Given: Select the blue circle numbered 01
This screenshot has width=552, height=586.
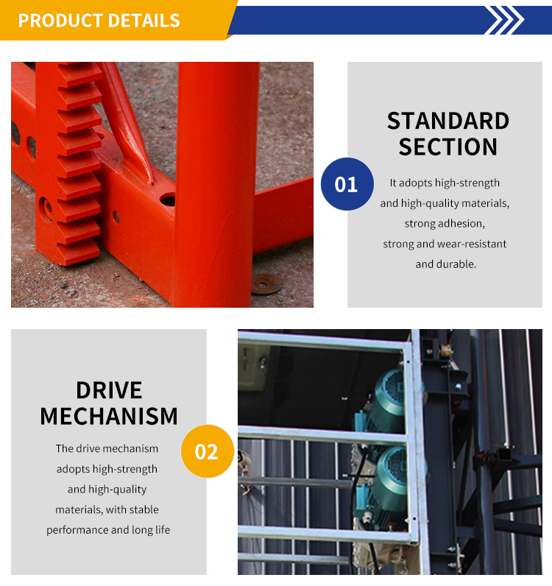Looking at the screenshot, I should [x=347, y=184].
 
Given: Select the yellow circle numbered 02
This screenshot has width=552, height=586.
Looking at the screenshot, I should [x=207, y=451].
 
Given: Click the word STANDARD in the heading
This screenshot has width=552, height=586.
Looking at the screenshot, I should [x=448, y=121].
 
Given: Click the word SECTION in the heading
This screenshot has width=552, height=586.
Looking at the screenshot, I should [x=448, y=146].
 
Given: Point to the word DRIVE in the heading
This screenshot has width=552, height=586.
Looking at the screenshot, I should [x=109, y=390].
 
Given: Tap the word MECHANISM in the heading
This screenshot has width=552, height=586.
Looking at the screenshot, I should [x=109, y=416].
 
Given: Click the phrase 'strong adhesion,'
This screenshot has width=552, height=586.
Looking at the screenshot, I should [x=445, y=223].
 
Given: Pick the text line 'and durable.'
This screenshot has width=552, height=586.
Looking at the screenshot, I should [x=445, y=264].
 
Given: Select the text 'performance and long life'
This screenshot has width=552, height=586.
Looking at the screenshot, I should [x=108, y=530].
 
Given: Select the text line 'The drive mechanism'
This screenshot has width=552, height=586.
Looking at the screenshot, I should [x=107, y=448].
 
